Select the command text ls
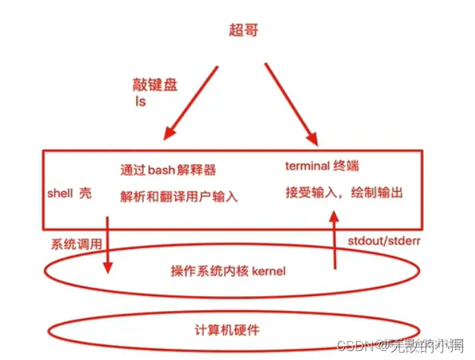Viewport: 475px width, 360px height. (x=140, y=101)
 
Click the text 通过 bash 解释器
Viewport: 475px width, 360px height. (x=168, y=170)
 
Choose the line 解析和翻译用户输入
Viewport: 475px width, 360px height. (x=179, y=197)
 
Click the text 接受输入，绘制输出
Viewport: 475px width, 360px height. (x=344, y=193)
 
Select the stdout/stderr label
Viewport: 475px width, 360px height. (x=381, y=242)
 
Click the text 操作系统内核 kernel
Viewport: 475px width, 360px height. (x=228, y=272)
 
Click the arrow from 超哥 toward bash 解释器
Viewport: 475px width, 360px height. (x=191, y=102)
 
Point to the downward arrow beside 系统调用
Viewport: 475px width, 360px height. (x=108, y=245)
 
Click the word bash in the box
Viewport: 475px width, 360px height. (x=161, y=170)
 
